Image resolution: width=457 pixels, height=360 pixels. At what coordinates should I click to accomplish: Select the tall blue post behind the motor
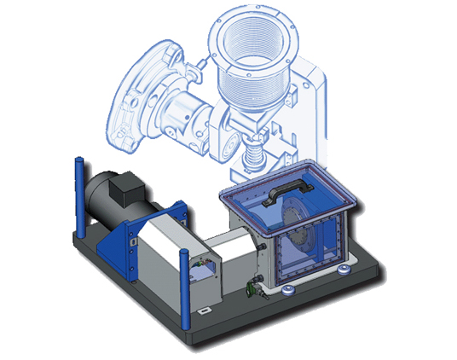78,197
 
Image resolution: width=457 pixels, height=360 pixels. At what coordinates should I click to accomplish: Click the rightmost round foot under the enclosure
344,270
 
